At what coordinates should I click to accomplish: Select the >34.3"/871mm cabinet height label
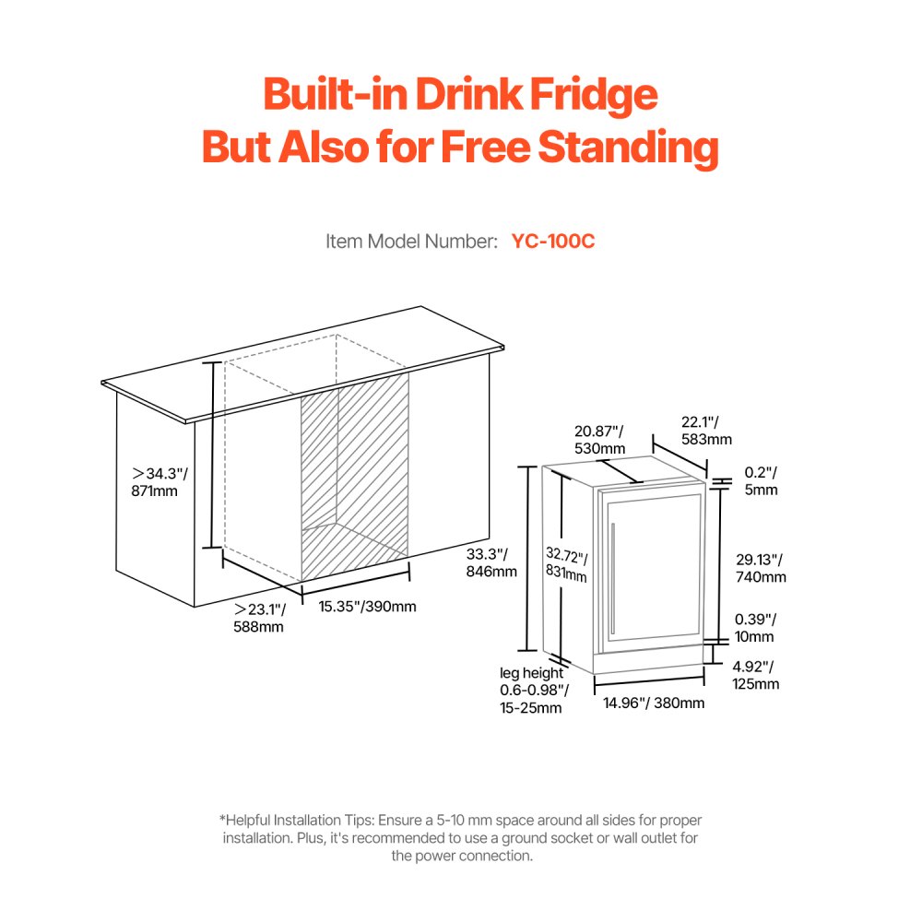click(160, 482)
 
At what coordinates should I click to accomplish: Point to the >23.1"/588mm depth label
click(260, 618)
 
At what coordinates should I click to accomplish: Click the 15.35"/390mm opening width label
click(368, 607)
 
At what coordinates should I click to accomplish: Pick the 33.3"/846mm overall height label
click(491, 562)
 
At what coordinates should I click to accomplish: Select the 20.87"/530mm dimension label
click(599, 439)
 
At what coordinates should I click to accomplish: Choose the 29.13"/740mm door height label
click(761, 568)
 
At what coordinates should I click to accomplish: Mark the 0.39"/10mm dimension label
click(755, 627)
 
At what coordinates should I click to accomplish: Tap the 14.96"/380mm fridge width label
click(654, 703)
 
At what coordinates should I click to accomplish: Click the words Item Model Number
click(411, 242)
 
